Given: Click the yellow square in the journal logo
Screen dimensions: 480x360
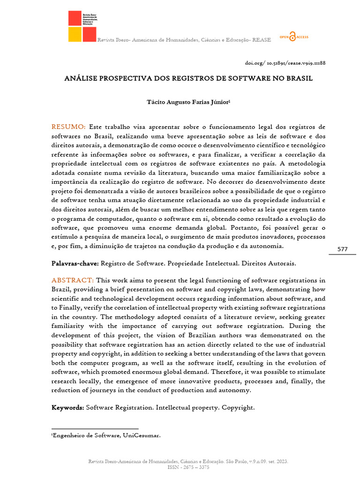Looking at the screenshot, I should (75, 34).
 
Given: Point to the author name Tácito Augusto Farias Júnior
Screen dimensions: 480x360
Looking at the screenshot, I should (180, 101).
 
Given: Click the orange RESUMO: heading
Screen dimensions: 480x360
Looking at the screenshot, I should (68, 127).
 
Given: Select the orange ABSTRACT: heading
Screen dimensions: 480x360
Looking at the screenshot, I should (73, 280).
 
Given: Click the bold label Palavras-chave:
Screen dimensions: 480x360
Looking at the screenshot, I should (75, 263).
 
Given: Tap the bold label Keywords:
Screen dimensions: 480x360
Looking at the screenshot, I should (67, 408).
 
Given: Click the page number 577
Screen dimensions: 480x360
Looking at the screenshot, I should (342, 249).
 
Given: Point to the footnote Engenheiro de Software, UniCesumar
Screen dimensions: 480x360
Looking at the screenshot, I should (106, 435).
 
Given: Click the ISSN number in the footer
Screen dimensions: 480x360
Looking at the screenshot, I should (188, 467).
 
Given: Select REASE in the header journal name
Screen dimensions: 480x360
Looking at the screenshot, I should (261, 40).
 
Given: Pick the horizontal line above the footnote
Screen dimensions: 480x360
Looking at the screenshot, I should (95, 428).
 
